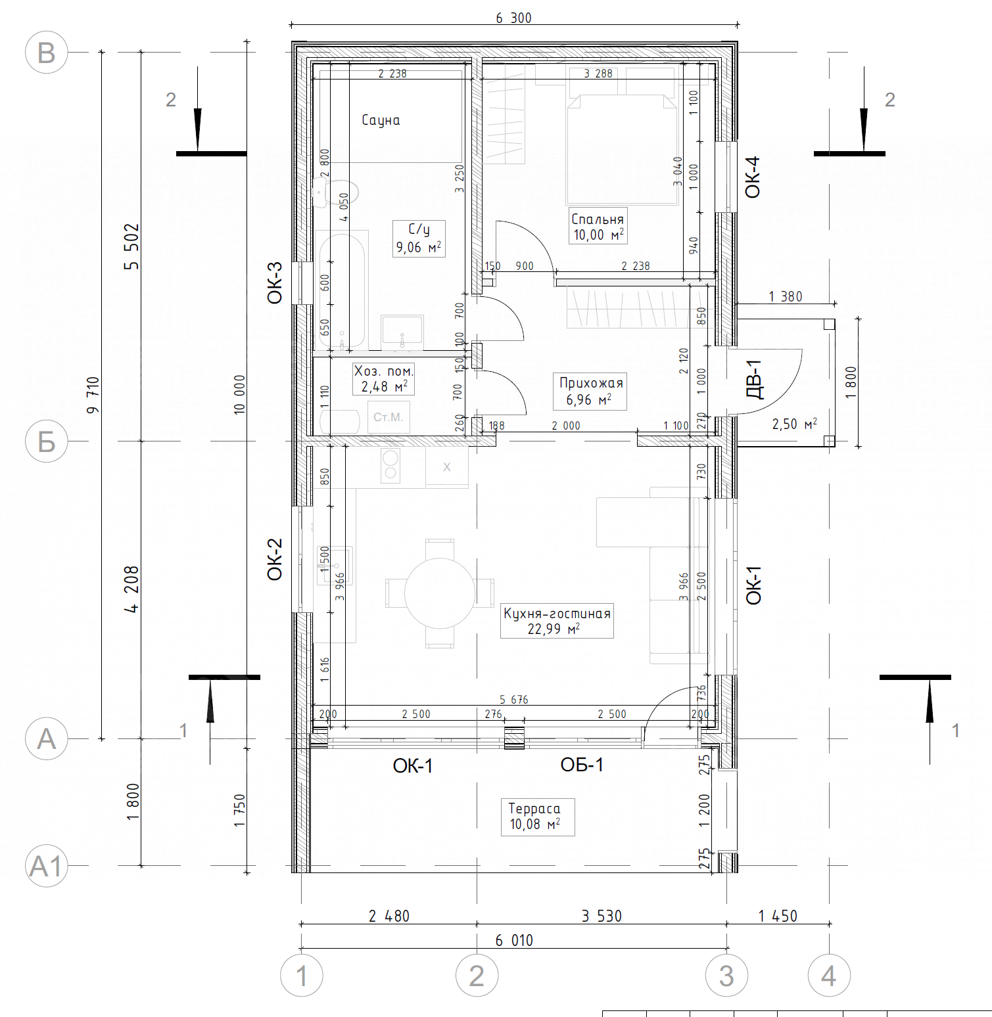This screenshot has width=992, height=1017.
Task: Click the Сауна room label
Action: click(x=381, y=120)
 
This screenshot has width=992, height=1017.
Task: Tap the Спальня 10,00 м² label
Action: click(x=598, y=227)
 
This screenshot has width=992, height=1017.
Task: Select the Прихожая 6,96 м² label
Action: click(x=590, y=392)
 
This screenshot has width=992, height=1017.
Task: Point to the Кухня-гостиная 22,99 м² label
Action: click(x=557, y=621)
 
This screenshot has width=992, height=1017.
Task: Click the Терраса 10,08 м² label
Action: click(x=534, y=817)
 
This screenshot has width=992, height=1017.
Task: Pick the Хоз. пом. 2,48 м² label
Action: click(x=384, y=379)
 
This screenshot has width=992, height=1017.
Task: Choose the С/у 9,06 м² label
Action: click(x=419, y=238)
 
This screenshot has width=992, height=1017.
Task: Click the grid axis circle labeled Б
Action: click(x=46, y=441)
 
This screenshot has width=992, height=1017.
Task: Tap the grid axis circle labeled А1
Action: click(x=46, y=867)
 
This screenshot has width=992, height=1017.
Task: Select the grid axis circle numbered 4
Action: click(x=829, y=976)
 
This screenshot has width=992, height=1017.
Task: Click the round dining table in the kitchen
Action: click(x=440, y=593)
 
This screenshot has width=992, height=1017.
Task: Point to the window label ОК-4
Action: click(x=752, y=177)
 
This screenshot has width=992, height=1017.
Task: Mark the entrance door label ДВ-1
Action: click(x=755, y=379)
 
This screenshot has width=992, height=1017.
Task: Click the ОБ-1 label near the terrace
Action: click(x=582, y=765)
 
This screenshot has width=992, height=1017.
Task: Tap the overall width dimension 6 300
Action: click(x=513, y=18)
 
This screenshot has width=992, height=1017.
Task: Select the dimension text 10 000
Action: click(x=239, y=394)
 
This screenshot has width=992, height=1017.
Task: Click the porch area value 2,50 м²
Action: click(x=794, y=424)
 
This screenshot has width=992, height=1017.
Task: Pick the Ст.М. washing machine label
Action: click(x=388, y=417)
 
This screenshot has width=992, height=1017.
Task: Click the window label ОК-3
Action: click(x=275, y=282)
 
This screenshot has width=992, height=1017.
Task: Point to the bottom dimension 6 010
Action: click(x=514, y=941)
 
